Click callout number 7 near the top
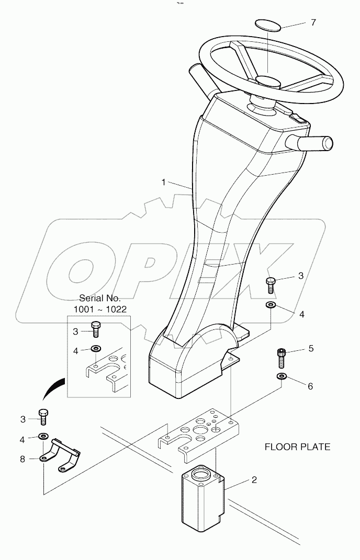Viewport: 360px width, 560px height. tap(313, 22)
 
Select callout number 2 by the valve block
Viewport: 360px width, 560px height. tap(254, 479)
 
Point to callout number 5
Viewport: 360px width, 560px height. tap(311, 348)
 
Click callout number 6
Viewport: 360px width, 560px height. tap(310, 386)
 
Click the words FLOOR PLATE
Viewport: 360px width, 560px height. tap(297, 447)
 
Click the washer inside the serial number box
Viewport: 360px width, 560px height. tap(96, 349)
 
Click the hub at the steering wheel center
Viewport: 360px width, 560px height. tap(268, 81)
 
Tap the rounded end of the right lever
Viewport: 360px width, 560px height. tap(327, 142)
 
